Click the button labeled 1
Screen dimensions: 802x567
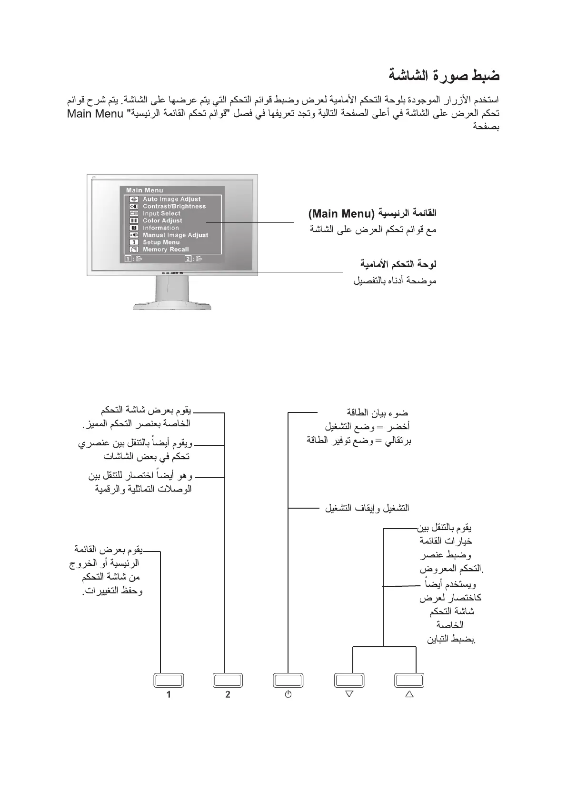click(169, 680)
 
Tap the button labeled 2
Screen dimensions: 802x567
click(228, 680)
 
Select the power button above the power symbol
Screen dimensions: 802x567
click(288, 680)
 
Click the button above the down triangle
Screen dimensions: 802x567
click(349, 680)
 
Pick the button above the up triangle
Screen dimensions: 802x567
click(409, 680)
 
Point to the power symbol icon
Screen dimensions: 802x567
click(288, 694)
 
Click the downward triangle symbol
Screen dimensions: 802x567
click(349, 694)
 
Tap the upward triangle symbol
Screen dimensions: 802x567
click(409, 694)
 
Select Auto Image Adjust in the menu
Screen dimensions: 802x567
click(171, 199)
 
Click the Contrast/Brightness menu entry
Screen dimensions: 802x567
click(174, 206)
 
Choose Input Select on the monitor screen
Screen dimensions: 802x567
click(161, 213)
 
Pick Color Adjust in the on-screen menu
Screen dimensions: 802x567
click(162, 221)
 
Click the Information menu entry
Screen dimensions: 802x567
click(161, 228)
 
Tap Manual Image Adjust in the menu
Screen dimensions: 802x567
click(175, 235)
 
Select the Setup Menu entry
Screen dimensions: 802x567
click(161, 242)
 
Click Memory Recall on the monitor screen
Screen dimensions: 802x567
click(166, 249)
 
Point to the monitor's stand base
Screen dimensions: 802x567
click(172, 304)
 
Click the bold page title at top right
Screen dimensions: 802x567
click(444, 75)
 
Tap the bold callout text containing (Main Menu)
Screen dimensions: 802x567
click(372, 213)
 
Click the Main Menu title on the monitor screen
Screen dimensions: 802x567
click(144, 190)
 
